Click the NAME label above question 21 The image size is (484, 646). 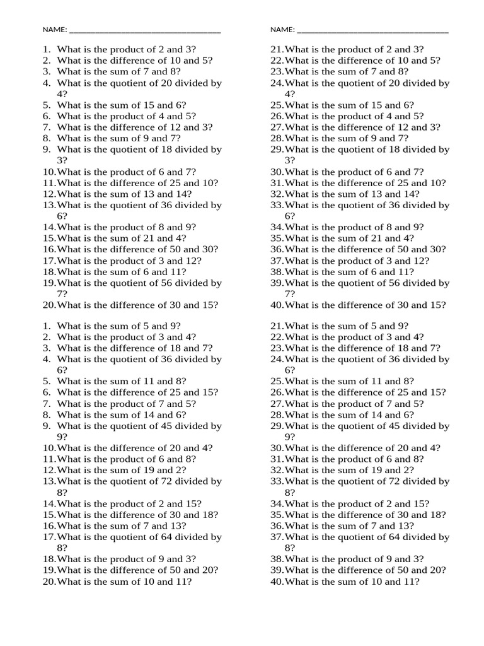pos(282,30)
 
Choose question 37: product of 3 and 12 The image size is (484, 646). pos(350,261)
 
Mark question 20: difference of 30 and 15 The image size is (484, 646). pos(130,305)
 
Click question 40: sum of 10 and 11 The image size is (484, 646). pos(345,582)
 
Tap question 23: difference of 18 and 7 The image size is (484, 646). pos(355,348)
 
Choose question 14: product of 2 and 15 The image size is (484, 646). pos(122,503)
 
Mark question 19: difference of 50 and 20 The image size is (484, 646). pos(130,570)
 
